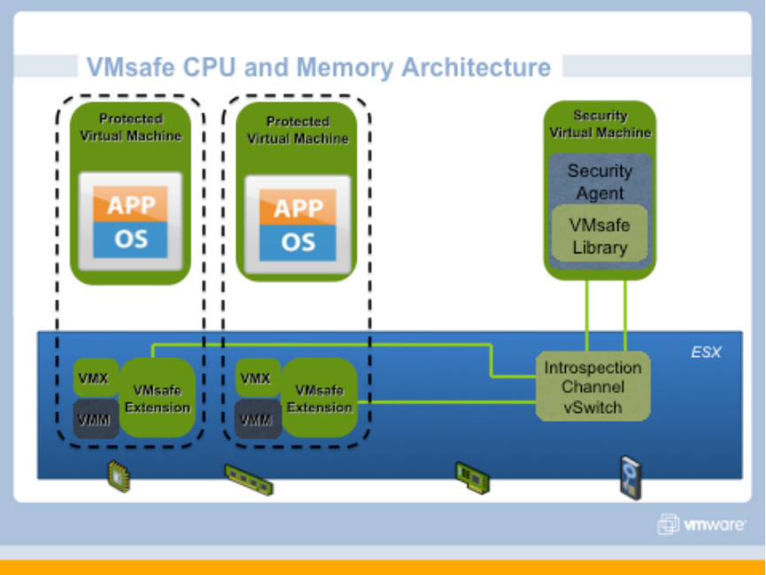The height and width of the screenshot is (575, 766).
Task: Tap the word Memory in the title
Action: point(346,67)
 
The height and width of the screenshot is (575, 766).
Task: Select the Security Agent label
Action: point(600,181)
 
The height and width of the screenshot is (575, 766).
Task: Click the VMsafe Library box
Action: point(600,236)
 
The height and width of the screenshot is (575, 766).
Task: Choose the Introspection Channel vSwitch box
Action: point(592,387)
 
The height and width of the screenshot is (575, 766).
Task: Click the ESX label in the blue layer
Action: point(706,353)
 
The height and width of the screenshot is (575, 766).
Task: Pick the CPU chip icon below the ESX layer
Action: point(118,475)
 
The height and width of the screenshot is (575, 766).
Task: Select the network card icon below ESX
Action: point(473,477)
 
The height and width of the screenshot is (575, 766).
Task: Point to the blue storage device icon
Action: point(630,475)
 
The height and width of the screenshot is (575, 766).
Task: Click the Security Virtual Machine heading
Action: point(600,124)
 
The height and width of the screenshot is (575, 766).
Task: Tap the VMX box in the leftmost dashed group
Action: point(93,378)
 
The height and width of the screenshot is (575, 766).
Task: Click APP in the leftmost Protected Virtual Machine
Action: point(130,206)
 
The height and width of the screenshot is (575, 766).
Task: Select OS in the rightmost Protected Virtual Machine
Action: point(298,243)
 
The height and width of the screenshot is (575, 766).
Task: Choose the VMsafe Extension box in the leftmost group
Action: point(157,399)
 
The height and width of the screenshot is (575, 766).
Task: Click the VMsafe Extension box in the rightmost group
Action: point(320,399)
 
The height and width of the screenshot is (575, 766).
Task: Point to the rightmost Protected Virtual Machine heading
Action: point(298,129)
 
